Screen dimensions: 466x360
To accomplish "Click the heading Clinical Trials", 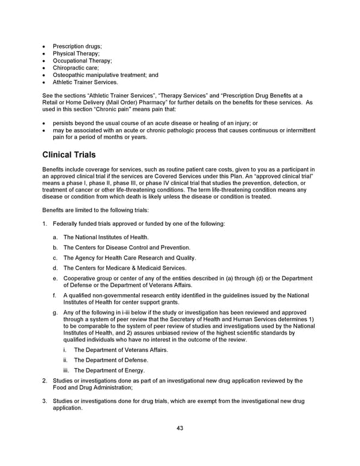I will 69,155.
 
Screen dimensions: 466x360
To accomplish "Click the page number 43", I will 180,428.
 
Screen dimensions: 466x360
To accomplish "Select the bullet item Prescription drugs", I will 77,46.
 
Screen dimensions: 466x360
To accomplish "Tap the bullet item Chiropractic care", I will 76,68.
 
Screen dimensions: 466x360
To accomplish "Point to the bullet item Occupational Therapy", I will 82,61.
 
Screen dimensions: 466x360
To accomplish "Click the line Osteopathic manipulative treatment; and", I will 106,75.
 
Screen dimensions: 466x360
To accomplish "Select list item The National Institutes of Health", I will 106,237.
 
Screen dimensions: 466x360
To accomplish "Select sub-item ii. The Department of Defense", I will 110,360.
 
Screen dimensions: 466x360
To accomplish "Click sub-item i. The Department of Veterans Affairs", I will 121,349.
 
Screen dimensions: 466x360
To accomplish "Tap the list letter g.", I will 55,312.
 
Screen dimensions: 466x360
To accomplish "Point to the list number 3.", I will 44,401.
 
